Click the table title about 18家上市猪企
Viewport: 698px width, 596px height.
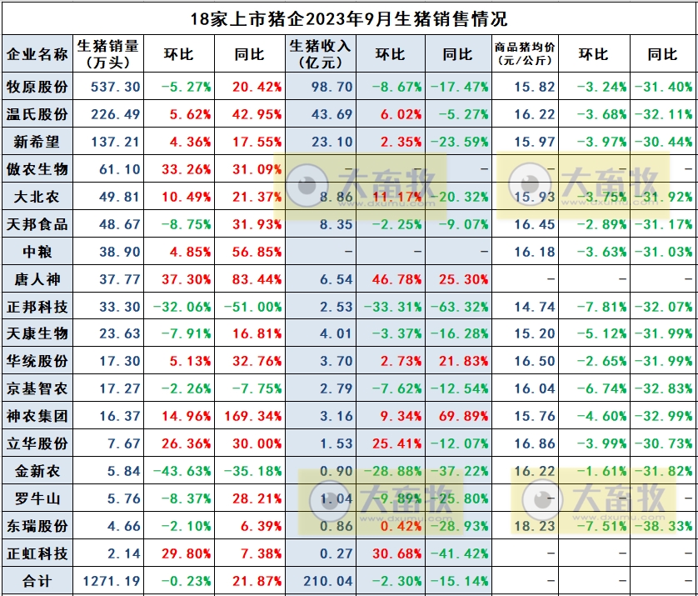point(348,17)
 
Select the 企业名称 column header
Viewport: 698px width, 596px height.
point(37,54)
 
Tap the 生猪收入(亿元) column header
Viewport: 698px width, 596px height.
point(320,54)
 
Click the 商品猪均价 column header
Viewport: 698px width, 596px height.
point(525,54)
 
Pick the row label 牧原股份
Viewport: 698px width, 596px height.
point(37,87)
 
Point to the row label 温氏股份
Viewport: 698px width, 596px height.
point(37,114)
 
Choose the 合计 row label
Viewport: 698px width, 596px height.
point(37,581)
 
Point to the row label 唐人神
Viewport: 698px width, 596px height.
point(37,279)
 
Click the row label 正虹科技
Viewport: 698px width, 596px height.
point(37,553)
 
